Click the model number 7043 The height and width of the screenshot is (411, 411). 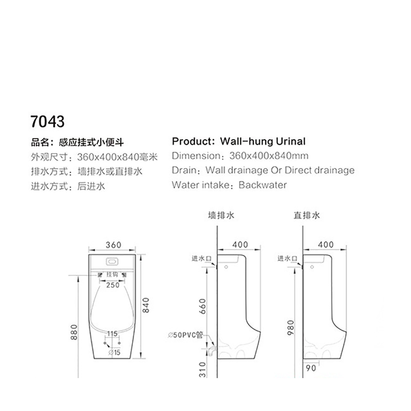click(x=47, y=121)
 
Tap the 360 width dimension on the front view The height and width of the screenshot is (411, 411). click(x=114, y=245)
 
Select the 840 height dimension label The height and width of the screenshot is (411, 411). click(x=146, y=305)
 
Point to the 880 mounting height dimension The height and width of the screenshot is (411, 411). click(x=74, y=332)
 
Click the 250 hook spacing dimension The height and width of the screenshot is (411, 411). click(x=113, y=285)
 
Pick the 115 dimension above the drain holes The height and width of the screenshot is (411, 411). click(x=112, y=333)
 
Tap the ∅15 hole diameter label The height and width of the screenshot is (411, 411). click(x=114, y=352)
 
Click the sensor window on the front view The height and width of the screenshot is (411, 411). click(x=112, y=261)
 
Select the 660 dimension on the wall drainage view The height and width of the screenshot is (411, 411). click(x=202, y=306)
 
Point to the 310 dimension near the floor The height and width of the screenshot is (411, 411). click(x=202, y=369)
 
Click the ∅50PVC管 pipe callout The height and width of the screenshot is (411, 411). click(x=185, y=335)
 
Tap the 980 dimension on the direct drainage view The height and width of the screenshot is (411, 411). click(x=291, y=328)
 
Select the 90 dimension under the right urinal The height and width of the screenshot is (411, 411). click(x=311, y=368)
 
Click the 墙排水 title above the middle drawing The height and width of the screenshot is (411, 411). click(x=221, y=215)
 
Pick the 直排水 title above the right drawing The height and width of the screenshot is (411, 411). click(x=307, y=215)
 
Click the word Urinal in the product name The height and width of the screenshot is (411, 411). click(x=291, y=141)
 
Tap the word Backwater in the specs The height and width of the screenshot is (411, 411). click(x=263, y=185)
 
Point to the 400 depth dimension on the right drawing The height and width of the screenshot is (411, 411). click(x=326, y=245)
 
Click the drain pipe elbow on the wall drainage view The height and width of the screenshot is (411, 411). click(x=213, y=351)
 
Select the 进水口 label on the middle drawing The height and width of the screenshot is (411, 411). click(x=201, y=258)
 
